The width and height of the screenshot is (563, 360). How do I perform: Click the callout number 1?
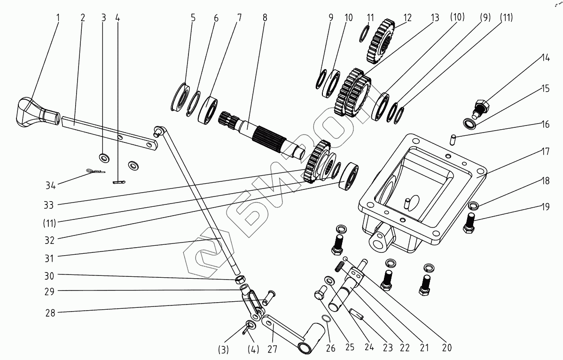(x=58, y=17)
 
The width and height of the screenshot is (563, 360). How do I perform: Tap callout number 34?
(x=51, y=185)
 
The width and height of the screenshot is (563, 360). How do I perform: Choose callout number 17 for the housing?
(x=545, y=151)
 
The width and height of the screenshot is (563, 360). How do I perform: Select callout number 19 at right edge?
(x=545, y=207)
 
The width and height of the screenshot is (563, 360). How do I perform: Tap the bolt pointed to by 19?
(x=469, y=223)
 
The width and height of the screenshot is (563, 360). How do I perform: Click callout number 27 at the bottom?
(x=273, y=348)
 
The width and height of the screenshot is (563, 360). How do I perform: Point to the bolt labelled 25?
(x=321, y=292)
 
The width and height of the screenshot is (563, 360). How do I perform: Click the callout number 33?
(x=48, y=205)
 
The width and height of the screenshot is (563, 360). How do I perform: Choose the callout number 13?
(x=435, y=17)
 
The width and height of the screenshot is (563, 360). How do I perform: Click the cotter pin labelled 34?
(x=95, y=171)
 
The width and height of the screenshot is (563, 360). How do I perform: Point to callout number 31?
(x=49, y=258)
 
